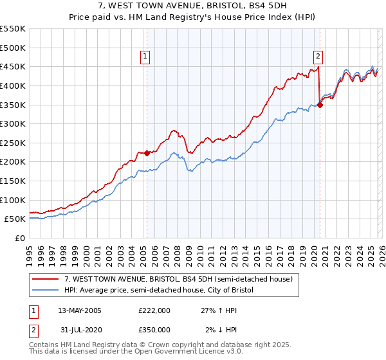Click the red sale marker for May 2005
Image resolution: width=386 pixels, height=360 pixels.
coord(147,153)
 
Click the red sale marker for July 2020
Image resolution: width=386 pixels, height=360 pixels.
coord(320,105)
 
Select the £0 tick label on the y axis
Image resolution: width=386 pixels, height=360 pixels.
coord(19,238)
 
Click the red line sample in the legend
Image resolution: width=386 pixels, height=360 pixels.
coord(45,279)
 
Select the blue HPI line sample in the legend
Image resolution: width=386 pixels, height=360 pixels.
coord(45,290)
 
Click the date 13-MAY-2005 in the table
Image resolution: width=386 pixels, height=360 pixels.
coord(80,310)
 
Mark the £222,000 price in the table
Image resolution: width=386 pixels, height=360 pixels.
coord(154,310)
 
